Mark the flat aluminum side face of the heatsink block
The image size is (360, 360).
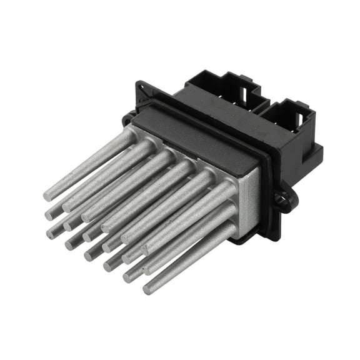point(249,200)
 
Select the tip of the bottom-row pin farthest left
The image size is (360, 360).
point(51,233)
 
